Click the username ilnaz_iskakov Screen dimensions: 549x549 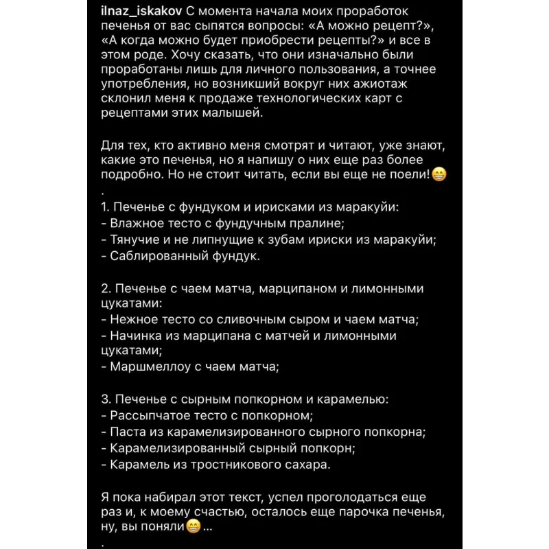point(145,11)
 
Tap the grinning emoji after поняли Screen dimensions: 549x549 point(195,528)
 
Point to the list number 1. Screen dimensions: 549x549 point(104,207)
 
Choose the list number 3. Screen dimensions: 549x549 point(105,399)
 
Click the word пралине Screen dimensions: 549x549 point(316,224)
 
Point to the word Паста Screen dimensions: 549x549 point(128,432)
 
